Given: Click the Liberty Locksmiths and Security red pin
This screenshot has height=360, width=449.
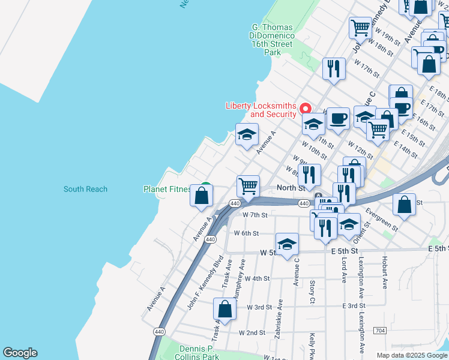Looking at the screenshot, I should pos(305,108).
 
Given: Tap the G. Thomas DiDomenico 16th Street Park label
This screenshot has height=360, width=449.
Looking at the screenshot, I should pos(272,40).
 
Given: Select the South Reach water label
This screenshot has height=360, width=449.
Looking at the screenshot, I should pos(85,189).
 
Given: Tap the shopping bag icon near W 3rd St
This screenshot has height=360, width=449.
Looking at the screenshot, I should pos(224,310).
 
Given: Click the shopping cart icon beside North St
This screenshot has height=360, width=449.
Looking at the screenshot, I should pos(248,186).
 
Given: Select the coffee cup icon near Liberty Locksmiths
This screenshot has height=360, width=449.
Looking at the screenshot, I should pos(338,119).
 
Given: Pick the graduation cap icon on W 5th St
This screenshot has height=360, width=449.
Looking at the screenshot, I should pos(287,244).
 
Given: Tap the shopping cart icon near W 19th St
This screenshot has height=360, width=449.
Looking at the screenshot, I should pos(360,27).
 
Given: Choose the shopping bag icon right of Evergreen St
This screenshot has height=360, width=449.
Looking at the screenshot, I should pos(405,204).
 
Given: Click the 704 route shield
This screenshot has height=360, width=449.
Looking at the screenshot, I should pos(379,330).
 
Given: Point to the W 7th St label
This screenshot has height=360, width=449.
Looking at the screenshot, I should pos(254,214).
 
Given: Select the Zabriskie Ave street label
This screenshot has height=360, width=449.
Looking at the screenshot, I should pos(277,325).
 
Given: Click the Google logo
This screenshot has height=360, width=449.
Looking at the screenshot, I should pos(20,353).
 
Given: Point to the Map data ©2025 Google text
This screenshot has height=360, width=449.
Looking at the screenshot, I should pos(412,355).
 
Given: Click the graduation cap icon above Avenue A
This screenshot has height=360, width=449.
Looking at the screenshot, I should pos(247,135).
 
